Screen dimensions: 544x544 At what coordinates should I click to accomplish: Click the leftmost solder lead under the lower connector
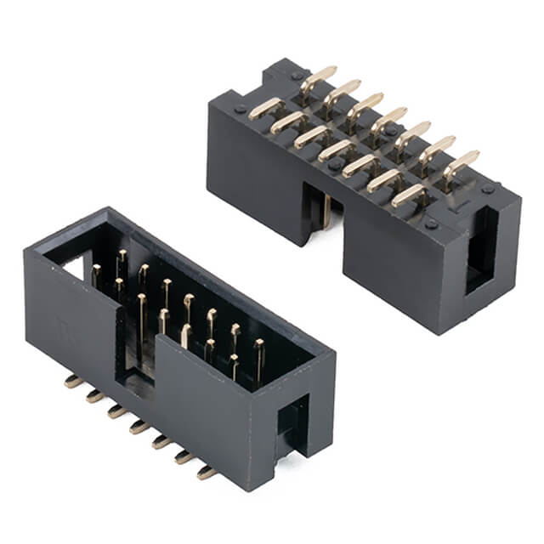[x=74, y=382]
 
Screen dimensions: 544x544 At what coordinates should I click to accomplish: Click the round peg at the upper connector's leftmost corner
[x=241, y=109]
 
